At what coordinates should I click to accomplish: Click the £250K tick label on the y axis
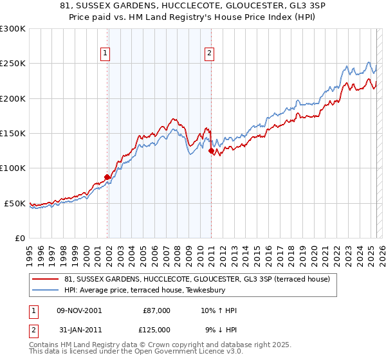[x=13, y=64]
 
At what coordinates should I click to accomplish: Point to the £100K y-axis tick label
[x=13, y=168]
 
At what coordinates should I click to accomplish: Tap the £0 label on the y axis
[x=19, y=238]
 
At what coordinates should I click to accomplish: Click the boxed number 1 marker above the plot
[x=105, y=54]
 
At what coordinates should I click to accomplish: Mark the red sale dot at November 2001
[x=107, y=177]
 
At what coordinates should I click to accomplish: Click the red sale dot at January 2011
[x=211, y=151]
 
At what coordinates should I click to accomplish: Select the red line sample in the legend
[x=46, y=278]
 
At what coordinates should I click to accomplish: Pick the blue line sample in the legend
[x=46, y=290]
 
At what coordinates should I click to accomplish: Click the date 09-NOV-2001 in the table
[x=80, y=310]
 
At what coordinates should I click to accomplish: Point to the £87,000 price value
[x=156, y=310]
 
